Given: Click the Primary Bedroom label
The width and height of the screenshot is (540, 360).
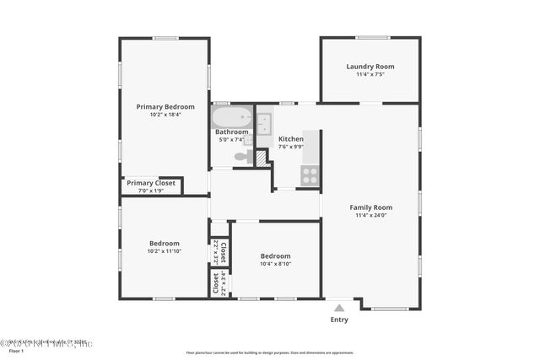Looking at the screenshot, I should click(165, 107).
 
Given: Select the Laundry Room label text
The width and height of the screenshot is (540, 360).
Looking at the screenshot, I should click(370, 67).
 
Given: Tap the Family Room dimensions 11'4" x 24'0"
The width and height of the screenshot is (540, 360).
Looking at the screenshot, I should click(371, 215).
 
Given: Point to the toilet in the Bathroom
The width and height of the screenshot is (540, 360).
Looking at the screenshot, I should click(241, 156).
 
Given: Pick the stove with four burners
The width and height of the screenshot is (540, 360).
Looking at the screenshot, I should click(310, 175).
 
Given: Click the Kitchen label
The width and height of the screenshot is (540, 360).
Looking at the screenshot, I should click(291, 139).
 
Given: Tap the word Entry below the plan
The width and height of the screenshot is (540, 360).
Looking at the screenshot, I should click(339, 320).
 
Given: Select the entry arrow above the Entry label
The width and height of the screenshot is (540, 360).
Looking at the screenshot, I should click(339, 307).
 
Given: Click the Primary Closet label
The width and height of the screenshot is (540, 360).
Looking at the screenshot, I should click(151, 183).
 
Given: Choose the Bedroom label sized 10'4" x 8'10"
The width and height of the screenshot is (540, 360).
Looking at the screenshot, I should click(275, 256).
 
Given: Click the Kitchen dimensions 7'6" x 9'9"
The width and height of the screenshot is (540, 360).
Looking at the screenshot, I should click(291, 147).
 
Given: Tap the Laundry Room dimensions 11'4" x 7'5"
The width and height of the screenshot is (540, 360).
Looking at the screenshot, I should click(370, 75).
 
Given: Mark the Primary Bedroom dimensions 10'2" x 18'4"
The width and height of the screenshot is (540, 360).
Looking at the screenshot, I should click(165, 115).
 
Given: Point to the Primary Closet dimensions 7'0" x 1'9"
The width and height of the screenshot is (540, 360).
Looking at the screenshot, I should click(151, 191).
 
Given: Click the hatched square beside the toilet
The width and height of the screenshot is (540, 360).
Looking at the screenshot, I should click(262, 158).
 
